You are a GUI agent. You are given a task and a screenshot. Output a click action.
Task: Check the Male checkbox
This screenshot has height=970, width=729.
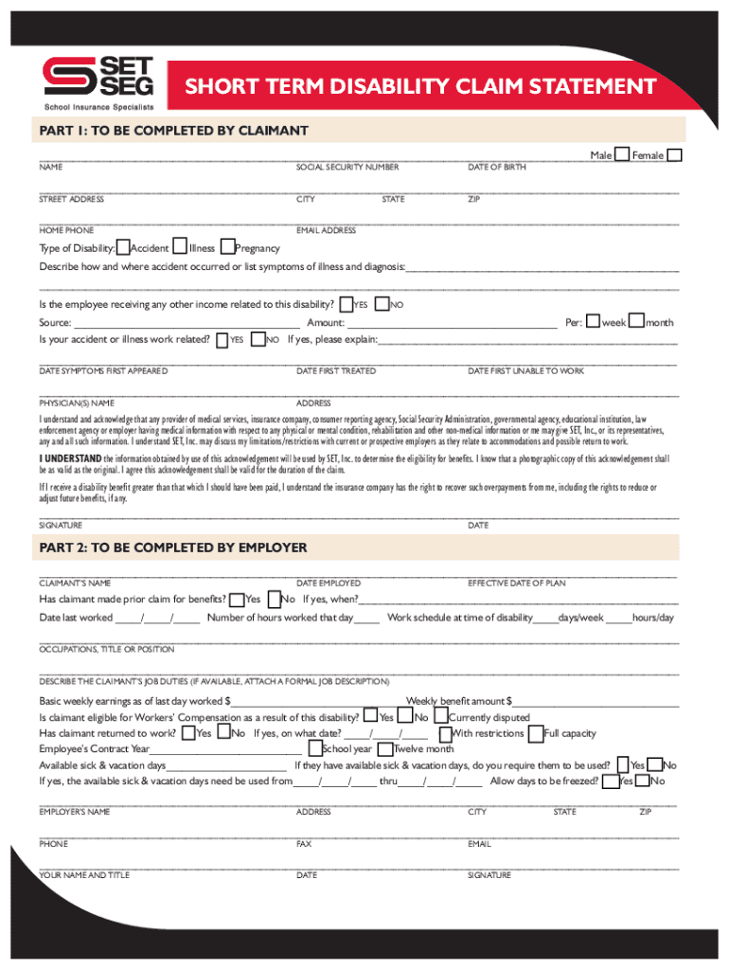point(623,155)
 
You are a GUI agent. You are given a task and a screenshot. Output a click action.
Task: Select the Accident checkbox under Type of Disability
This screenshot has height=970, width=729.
point(123,247)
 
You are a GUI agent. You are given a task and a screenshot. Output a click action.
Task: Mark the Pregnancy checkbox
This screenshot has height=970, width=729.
point(227,247)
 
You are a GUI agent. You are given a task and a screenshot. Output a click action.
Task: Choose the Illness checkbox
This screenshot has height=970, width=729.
point(181,247)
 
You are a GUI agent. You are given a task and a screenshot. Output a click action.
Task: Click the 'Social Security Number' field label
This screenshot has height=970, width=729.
point(347,168)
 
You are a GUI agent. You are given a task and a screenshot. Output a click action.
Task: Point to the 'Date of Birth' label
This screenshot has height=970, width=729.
point(497,168)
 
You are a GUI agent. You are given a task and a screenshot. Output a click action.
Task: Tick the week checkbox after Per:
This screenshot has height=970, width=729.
point(593,321)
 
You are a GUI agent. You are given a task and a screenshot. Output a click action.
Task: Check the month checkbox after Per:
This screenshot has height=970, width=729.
point(637,321)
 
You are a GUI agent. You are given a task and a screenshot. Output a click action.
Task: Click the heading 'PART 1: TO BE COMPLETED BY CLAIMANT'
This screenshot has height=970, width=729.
point(173,130)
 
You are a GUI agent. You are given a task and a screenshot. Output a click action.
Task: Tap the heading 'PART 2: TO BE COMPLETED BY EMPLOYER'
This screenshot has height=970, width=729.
point(173,548)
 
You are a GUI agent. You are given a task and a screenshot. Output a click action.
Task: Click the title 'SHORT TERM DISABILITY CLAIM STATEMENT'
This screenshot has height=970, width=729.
point(419,88)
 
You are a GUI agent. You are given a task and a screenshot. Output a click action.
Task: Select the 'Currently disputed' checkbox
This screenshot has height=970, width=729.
point(441,716)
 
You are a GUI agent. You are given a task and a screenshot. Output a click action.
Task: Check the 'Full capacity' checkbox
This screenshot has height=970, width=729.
point(537,733)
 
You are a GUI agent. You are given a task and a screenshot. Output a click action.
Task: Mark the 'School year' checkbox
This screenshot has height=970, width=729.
point(314,748)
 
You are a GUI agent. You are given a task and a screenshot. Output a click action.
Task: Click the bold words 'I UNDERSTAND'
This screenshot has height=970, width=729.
point(69,458)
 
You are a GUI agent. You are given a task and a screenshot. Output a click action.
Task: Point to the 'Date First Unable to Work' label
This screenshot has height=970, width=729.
point(525,371)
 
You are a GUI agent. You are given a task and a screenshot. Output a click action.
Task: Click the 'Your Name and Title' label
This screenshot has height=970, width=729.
point(84,875)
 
